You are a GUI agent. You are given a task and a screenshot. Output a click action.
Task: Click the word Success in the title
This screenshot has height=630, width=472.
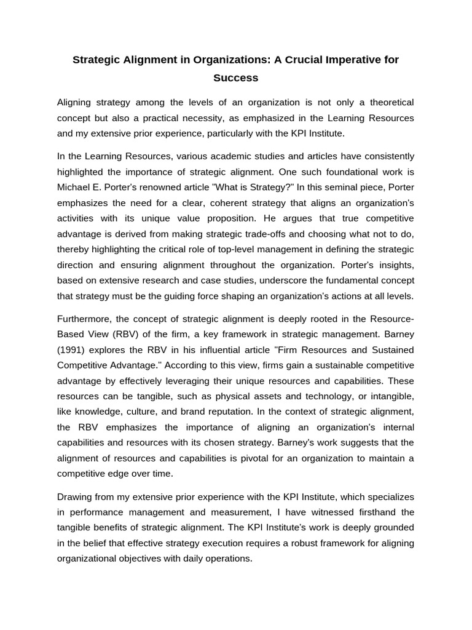coord(235,78)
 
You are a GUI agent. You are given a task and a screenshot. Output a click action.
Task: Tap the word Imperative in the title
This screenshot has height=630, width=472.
coord(346,60)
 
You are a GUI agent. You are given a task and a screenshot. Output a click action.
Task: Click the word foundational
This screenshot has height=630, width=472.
coord(326,171)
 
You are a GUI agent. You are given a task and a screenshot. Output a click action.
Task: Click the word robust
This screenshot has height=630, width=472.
coord(299,543)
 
